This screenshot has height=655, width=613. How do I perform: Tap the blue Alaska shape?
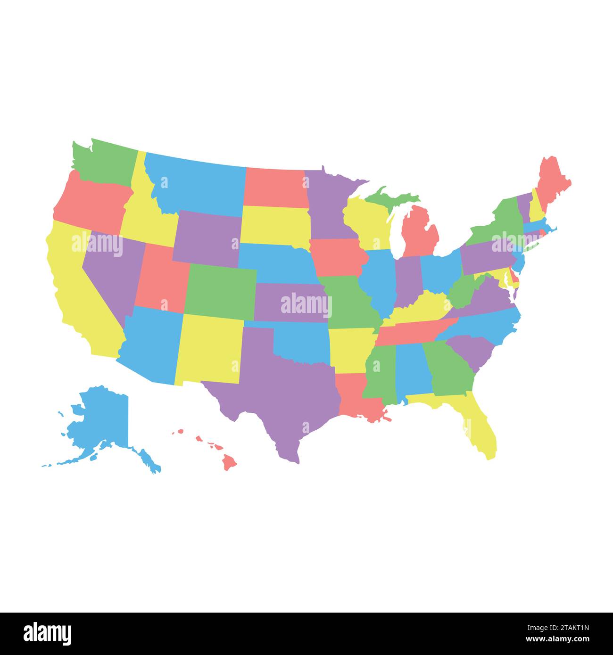(x=104, y=419)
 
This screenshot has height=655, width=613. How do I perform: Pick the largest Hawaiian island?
(x=230, y=462)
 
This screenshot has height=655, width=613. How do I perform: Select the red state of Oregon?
(x=92, y=203)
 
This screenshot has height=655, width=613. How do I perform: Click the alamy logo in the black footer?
(x=47, y=634)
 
